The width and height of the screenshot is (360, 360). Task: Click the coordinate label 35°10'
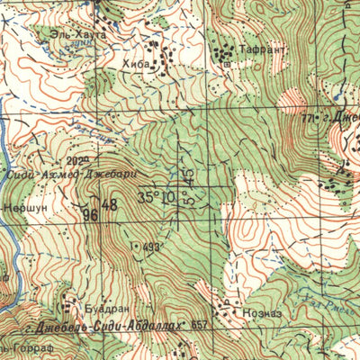coord(158,196)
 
